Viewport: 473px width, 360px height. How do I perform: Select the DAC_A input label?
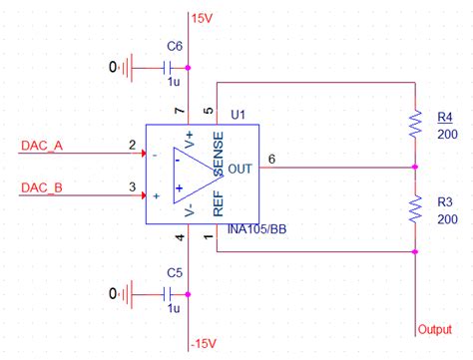42,147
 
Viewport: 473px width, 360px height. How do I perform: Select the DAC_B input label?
42,186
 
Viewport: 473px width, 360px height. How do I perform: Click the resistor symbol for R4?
415,125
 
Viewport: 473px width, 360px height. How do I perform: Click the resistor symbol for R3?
415,209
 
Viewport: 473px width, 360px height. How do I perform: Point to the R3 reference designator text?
445,201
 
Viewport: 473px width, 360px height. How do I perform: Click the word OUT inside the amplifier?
240,169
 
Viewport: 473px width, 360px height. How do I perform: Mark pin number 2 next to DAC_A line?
132,147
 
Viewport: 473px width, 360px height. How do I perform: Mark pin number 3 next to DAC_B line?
132,186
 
